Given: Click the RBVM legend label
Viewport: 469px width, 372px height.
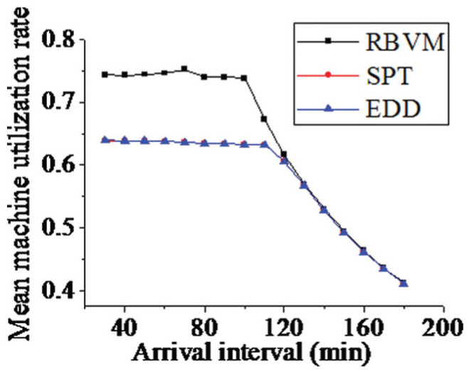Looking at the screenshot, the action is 405,42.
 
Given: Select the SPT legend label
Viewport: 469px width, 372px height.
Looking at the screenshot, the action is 389,75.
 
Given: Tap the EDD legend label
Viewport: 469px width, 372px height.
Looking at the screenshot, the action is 393,108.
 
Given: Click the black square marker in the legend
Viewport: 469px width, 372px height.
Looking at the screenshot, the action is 328,41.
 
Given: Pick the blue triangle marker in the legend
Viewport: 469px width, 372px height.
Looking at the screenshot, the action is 328,108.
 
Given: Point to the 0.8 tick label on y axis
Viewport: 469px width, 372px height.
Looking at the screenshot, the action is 58,39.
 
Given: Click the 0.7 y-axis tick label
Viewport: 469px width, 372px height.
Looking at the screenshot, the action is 58,102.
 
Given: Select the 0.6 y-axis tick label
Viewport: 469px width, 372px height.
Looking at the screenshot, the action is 58,164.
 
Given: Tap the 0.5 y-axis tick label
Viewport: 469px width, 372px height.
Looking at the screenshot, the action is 58,228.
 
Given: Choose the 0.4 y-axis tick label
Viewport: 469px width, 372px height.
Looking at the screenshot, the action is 58,290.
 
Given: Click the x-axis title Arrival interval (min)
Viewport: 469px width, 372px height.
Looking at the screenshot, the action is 251,353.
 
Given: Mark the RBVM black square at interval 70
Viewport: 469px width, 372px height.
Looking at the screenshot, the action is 184,69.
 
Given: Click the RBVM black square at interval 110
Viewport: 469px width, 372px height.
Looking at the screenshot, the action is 264,119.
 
